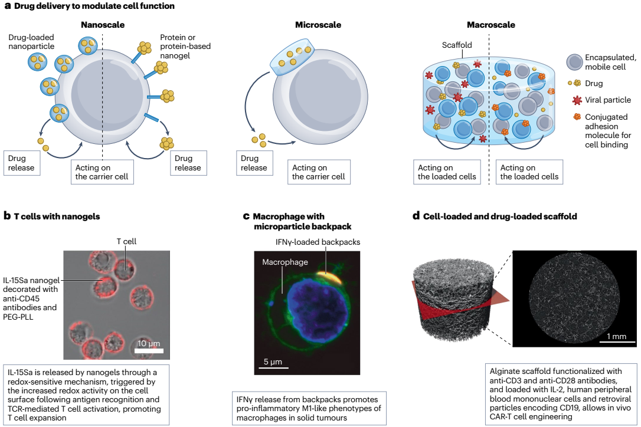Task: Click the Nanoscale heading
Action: (103, 25)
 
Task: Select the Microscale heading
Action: (318, 25)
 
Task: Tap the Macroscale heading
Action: (491, 25)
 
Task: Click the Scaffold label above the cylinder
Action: (457, 45)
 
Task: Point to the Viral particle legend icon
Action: (577, 100)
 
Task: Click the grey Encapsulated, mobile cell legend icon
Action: (574, 62)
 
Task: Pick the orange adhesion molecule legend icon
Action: (577, 117)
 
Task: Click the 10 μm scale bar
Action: (149, 350)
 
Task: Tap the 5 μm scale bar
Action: (273, 367)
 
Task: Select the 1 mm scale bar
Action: (617, 341)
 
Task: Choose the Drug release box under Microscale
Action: (254, 163)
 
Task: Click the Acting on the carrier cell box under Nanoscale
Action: (102, 172)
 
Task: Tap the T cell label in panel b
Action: (126, 241)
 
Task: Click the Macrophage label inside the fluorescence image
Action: (285, 262)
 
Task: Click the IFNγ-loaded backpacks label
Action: (318, 242)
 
